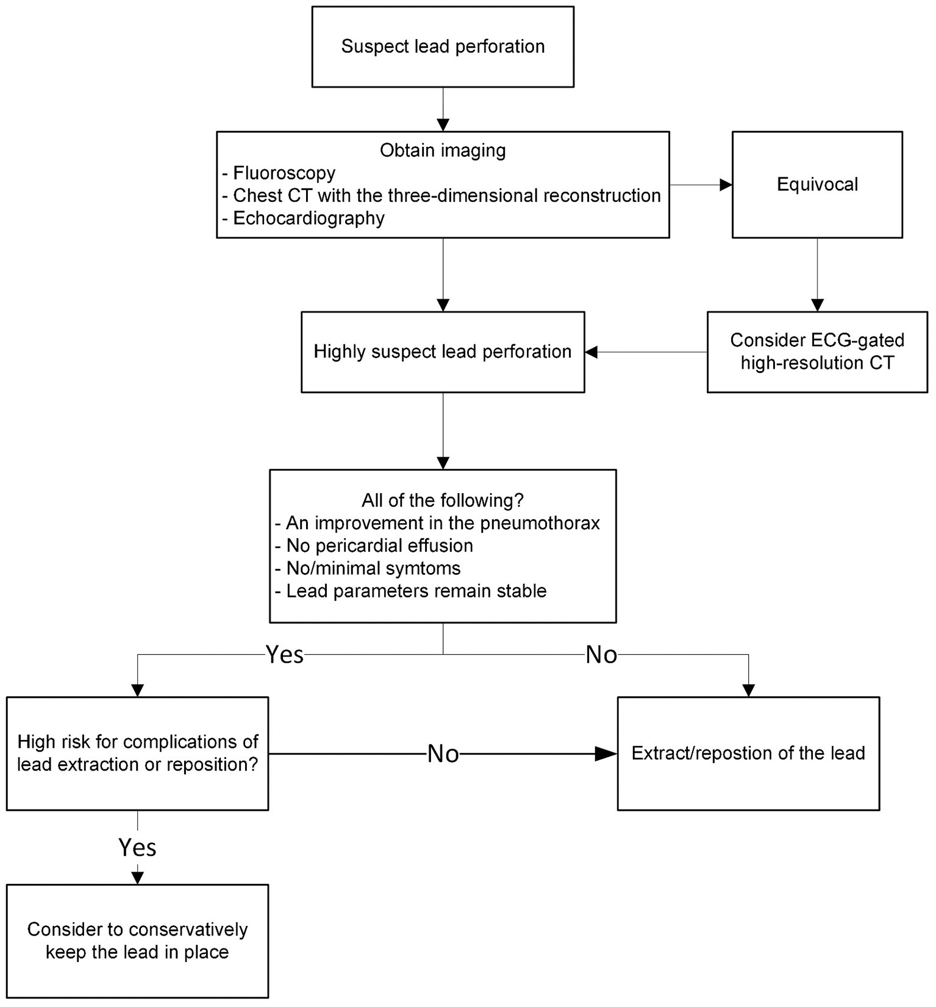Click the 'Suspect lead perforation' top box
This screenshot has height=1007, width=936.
443,47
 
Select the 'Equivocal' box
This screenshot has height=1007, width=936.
816,185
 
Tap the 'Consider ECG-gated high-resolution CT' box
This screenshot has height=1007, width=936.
816,352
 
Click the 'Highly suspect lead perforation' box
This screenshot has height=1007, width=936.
442,352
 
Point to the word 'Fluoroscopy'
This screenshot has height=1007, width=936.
284,173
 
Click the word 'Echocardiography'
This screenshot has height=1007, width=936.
309,218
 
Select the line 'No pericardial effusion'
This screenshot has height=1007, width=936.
379,546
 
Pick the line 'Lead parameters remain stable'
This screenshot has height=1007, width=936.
416,591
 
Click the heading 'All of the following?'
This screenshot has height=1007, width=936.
443,500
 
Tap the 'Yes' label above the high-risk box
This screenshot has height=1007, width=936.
285,655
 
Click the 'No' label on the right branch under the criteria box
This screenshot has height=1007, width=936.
601,655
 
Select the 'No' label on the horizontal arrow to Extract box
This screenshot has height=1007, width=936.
443,754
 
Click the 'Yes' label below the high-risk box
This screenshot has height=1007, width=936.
137,847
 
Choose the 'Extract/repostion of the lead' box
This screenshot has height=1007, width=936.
748,753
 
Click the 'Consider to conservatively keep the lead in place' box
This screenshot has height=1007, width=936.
137,941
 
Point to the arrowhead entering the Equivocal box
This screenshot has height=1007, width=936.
726,185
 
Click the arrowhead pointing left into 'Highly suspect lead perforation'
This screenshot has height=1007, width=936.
591,352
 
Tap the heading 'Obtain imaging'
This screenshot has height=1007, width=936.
443,150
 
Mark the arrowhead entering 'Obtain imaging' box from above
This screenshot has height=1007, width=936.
443,125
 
